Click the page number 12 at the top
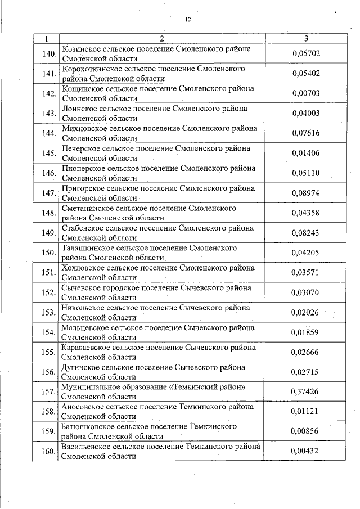(x=188, y=20)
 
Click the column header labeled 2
(x=161, y=39)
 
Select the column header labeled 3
(x=305, y=39)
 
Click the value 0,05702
(x=305, y=54)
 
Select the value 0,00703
(x=305, y=93)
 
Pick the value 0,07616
(x=305, y=133)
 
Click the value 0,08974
(x=305, y=193)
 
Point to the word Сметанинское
(x=84, y=208)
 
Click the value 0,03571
(x=305, y=272)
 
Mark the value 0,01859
(x=305, y=332)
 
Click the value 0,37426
(x=305, y=391)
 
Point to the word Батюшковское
(x=87, y=427)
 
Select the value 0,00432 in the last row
(x=305, y=451)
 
